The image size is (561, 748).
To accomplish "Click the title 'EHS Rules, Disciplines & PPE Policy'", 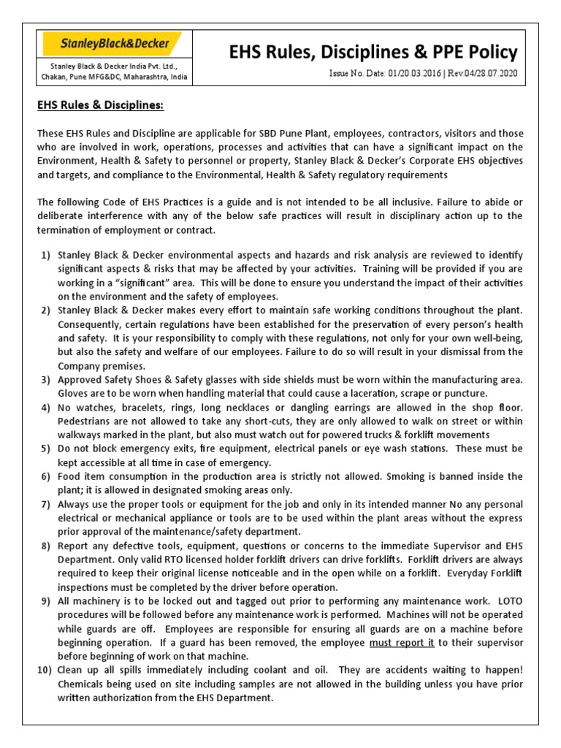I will click(373, 52).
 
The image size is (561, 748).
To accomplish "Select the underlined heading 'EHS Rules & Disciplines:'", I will click(101, 105).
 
